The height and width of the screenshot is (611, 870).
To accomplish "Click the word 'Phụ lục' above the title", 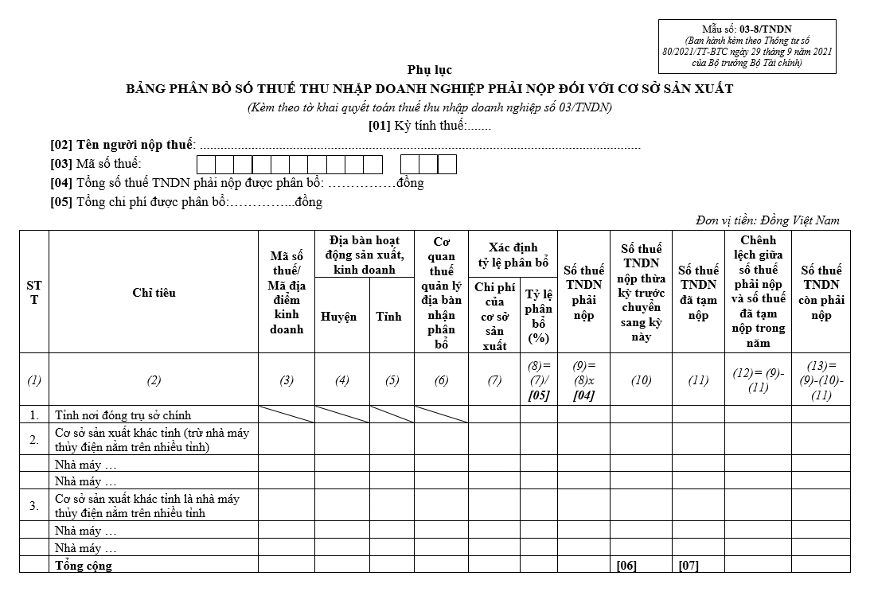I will (x=430, y=70).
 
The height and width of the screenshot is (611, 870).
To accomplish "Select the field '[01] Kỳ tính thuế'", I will (x=430, y=126).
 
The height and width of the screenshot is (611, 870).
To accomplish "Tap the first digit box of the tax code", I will (x=205, y=165).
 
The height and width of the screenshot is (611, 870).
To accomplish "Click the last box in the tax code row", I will (x=447, y=165).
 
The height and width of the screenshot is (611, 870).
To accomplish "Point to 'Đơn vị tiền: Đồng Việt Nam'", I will (x=767, y=220).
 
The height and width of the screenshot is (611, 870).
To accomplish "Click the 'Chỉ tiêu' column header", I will (x=154, y=293).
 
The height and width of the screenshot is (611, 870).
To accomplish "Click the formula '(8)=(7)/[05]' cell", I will (x=539, y=379).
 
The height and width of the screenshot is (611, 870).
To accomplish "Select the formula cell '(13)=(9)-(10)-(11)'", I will (x=821, y=379).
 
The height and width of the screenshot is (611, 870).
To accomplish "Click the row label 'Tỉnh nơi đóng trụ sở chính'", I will (x=123, y=414).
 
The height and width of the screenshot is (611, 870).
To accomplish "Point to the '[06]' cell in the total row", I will (x=626, y=566).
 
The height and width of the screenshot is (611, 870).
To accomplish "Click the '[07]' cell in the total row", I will (x=689, y=566).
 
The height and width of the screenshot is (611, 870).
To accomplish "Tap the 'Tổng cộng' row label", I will (x=83, y=566).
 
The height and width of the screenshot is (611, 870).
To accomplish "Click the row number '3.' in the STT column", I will (x=34, y=505).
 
